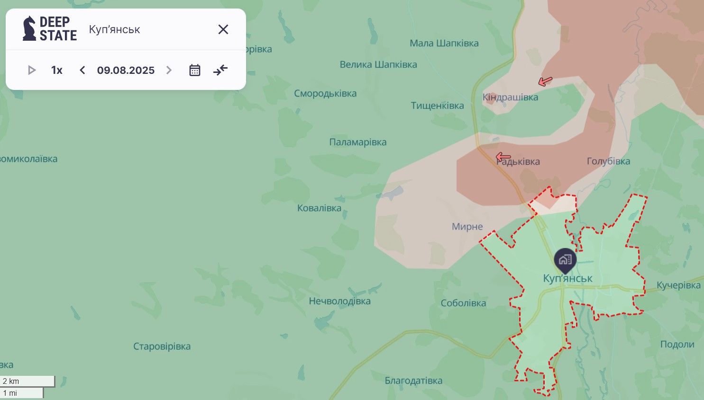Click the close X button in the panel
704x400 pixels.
[x=223, y=29]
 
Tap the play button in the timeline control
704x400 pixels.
[x=32, y=71]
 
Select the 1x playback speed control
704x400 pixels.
[x=57, y=71]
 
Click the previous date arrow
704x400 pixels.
[x=82, y=71]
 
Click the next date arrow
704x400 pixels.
[x=169, y=71]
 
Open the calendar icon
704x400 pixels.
[x=195, y=71]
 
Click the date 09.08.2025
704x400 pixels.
[x=126, y=71]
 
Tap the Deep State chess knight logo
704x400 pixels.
[x=29, y=28]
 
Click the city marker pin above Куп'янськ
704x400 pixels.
[x=565, y=260]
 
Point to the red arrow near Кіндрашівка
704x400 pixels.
[x=545, y=81]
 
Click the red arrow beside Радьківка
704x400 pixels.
[x=503, y=157]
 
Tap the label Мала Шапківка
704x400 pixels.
[x=444, y=43]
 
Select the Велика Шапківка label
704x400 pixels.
[x=378, y=64]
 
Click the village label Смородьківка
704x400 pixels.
[x=325, y=93]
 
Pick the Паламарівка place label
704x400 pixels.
[x=358, y=142]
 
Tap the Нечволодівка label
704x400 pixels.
[x=339, y=301]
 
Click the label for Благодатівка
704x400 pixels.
[x=413, y=381]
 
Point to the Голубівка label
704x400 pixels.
[x=608, y=161]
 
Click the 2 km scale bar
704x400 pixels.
[x=27, y=381]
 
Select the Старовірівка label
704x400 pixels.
[x=162, y=347]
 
